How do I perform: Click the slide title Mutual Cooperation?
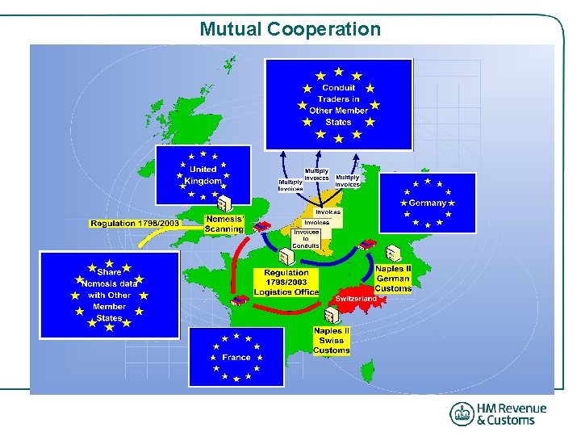click(x=290, y=29)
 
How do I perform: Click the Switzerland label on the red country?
click(x=356, y=299)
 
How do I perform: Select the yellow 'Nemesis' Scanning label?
click(x=224, y=224)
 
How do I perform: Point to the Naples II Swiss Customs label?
click(x=332, y=340)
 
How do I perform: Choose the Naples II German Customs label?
click(x=393, y=279)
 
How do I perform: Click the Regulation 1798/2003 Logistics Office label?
click(x=286, y=282)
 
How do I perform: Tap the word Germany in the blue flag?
click(x=428, y=203)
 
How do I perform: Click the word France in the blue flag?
click(x=236, y=357)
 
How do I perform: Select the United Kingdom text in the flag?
click(x=203, y=175)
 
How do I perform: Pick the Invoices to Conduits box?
click(x=306, y=239)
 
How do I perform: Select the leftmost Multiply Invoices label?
click(x=290, y=186)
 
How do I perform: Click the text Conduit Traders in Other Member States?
click(x=338, y=105)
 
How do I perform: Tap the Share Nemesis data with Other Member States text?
click(x=109, y=295)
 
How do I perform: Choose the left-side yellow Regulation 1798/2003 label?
click(x=135, y=223)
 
